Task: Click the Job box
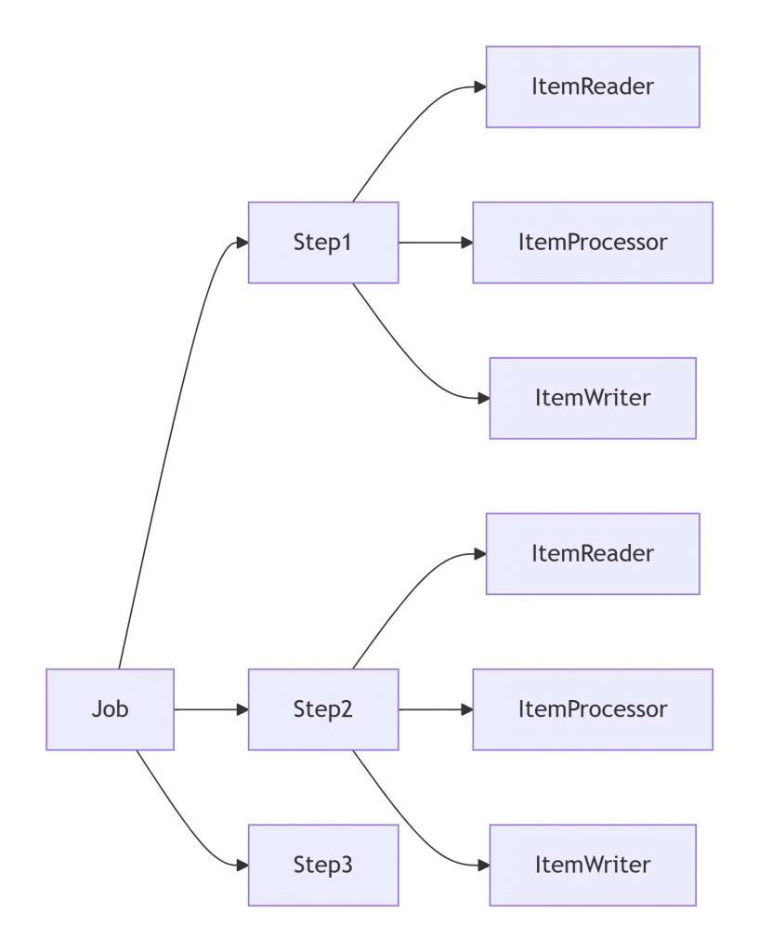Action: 110,709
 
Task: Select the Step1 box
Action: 323,243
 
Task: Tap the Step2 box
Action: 323,709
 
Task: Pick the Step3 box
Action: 323,866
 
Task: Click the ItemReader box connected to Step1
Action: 593,86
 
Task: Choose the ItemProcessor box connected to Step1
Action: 593,243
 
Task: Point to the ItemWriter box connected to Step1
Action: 593,398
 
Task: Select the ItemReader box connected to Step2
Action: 593,554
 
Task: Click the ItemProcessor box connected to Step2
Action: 593,709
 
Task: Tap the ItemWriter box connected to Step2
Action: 593,866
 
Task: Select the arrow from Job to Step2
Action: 211,709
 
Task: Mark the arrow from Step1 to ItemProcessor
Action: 436,243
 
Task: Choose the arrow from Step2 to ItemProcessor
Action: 436,709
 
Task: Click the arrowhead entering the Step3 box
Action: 242,866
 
